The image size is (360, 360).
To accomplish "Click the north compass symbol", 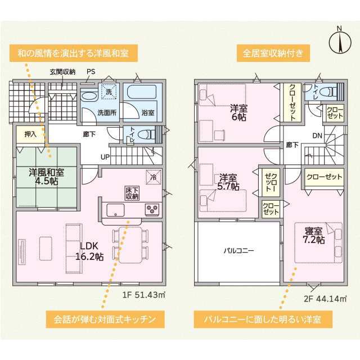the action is (x=340, y=41).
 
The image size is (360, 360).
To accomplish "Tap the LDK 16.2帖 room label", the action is (x=89, y=251).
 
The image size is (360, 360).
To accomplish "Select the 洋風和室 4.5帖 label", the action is (x=47, y=177).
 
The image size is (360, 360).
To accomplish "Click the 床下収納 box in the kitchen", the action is (x=132, y=193).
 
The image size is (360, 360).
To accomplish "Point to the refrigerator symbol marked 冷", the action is (x=154, y=177).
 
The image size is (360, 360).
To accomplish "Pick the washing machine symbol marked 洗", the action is (x=109, y=92).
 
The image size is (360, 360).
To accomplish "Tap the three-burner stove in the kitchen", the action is (x=152, y=209).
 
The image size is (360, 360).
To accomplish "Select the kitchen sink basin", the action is (x=115, y=210).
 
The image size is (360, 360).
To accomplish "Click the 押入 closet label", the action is (x=30, y=134).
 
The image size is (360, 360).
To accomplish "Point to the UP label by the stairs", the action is (x=105, y=157).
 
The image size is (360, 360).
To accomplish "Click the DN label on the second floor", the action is (x=317, y=136).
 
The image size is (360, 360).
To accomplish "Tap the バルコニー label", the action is (x=238, y=250).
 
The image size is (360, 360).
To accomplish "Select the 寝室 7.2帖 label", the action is (x=314, y=236).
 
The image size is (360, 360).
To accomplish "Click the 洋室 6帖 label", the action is (x=238, y=112).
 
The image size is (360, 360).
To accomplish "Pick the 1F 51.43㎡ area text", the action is (x=143, y=295).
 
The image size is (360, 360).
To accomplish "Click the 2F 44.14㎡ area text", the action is (x=325, y=299).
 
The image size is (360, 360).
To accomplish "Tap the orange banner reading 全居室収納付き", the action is (x=273, y=53).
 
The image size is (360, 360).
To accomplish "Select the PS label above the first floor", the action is (x=91, y=71).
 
